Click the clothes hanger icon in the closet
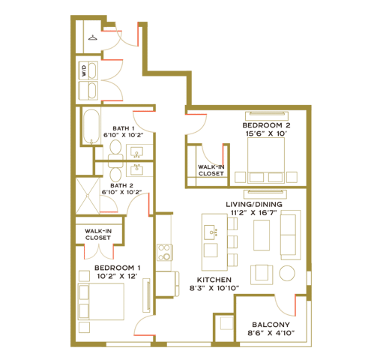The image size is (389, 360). click(93, 37)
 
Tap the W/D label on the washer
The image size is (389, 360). click(84, 70)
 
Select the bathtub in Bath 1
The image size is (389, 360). click(91, 127)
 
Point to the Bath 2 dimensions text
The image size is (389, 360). click(121, 192)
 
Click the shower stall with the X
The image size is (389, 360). click(88, 196)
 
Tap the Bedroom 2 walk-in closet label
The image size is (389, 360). click(211, 170)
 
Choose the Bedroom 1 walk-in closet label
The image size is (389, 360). click(98, 235)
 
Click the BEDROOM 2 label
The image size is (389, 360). click(266, 125)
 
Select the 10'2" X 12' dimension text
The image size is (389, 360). click(118, 276)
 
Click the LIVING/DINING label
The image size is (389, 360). click(254, 204)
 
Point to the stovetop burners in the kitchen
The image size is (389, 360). click(165, 253)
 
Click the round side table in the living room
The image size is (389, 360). click(287, 273)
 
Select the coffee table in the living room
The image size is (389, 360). click(262, 235)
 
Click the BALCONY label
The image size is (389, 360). click(271, 325)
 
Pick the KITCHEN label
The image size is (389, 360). click(214, 280)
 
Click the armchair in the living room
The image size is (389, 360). click(262, 274)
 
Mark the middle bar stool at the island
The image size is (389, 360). click(232, 241)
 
